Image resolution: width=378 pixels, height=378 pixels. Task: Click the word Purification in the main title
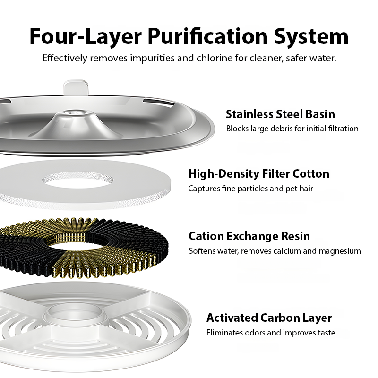coord(207,37)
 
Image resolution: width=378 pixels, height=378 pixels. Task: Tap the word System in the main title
coord(311,37)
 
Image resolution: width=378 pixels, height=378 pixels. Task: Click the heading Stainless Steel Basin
coord(280,114)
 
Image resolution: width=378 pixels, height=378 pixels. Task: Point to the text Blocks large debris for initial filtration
coord(292,129)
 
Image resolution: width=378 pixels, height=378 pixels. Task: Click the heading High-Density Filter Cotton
coord(258,173)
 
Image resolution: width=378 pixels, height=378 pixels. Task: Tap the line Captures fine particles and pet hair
coord(250,189)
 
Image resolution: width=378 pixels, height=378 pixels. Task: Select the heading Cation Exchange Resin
coord(249,236)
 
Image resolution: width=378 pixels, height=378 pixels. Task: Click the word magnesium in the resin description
coord(340,251)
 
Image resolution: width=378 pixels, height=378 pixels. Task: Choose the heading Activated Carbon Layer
coord(269,318)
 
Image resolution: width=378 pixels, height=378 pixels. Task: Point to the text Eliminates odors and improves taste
coord(271,333)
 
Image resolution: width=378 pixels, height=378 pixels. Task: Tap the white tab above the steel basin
coord(76,88)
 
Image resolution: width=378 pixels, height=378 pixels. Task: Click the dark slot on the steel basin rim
coord(158,102)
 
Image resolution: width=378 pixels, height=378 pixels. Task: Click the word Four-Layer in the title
coord(86,37)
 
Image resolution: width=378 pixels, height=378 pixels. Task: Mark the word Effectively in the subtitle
coord(65,58)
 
